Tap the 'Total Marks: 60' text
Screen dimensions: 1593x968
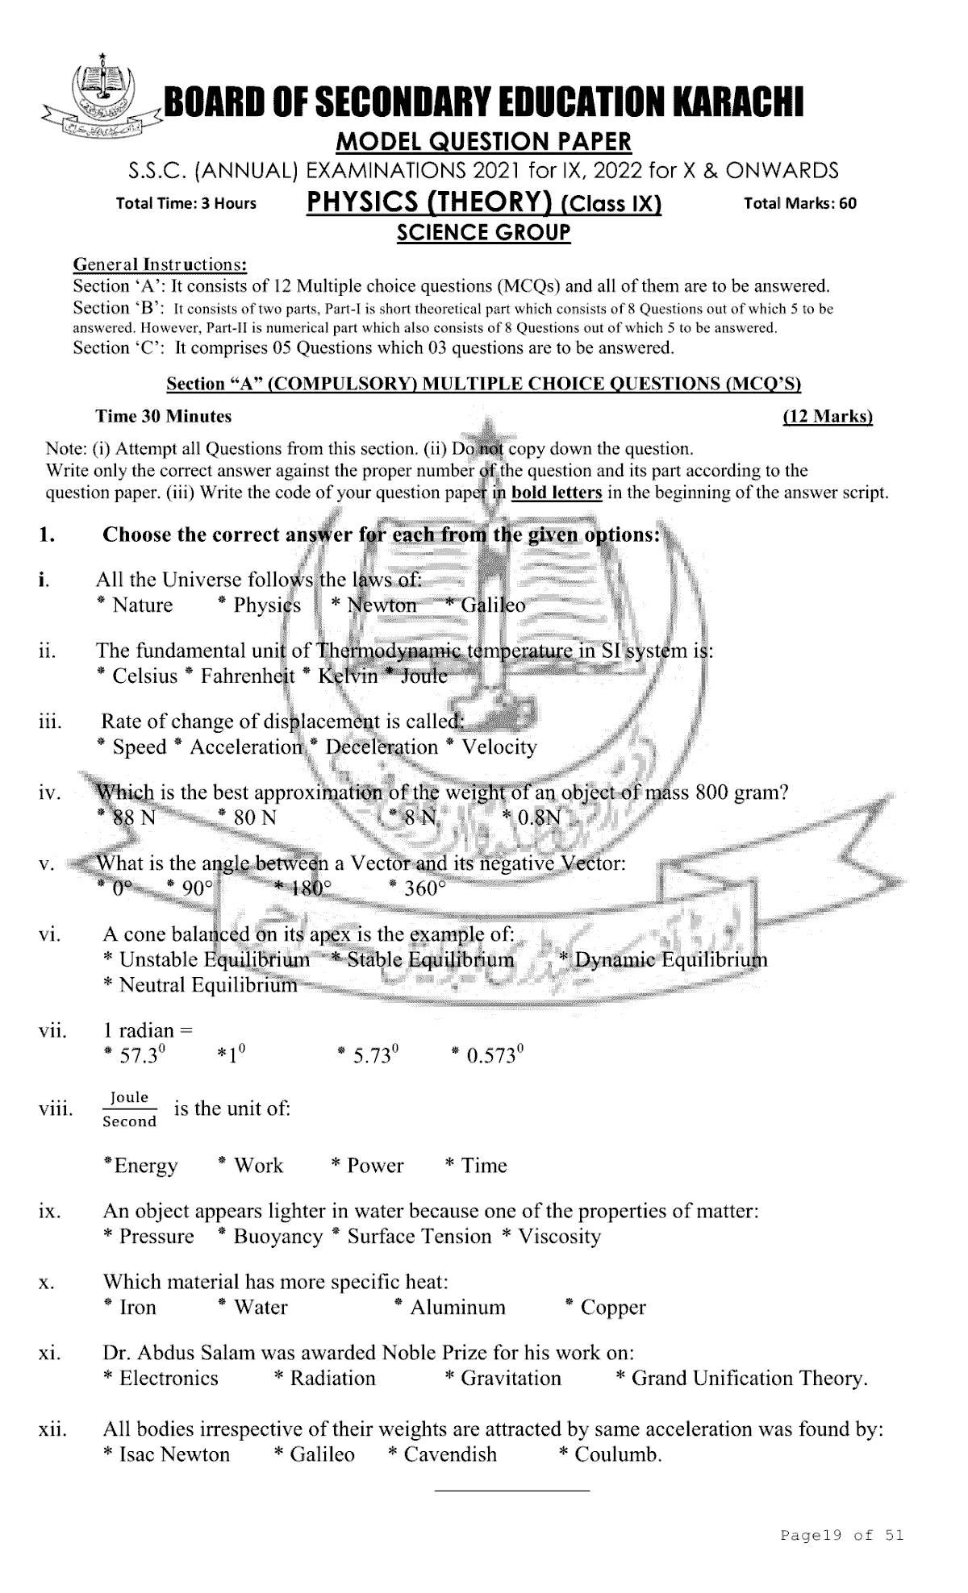[799, 203]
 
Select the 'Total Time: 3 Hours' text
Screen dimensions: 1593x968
[186, 203]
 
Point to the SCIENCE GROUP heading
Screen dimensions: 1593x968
[483, 233]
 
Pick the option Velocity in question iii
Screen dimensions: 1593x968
[499, 747]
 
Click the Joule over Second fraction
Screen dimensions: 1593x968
[130, 1109]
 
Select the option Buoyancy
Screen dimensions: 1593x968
[277, 1237]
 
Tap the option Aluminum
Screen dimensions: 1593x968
[457, 1308]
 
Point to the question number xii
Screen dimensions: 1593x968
[52, 1430]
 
